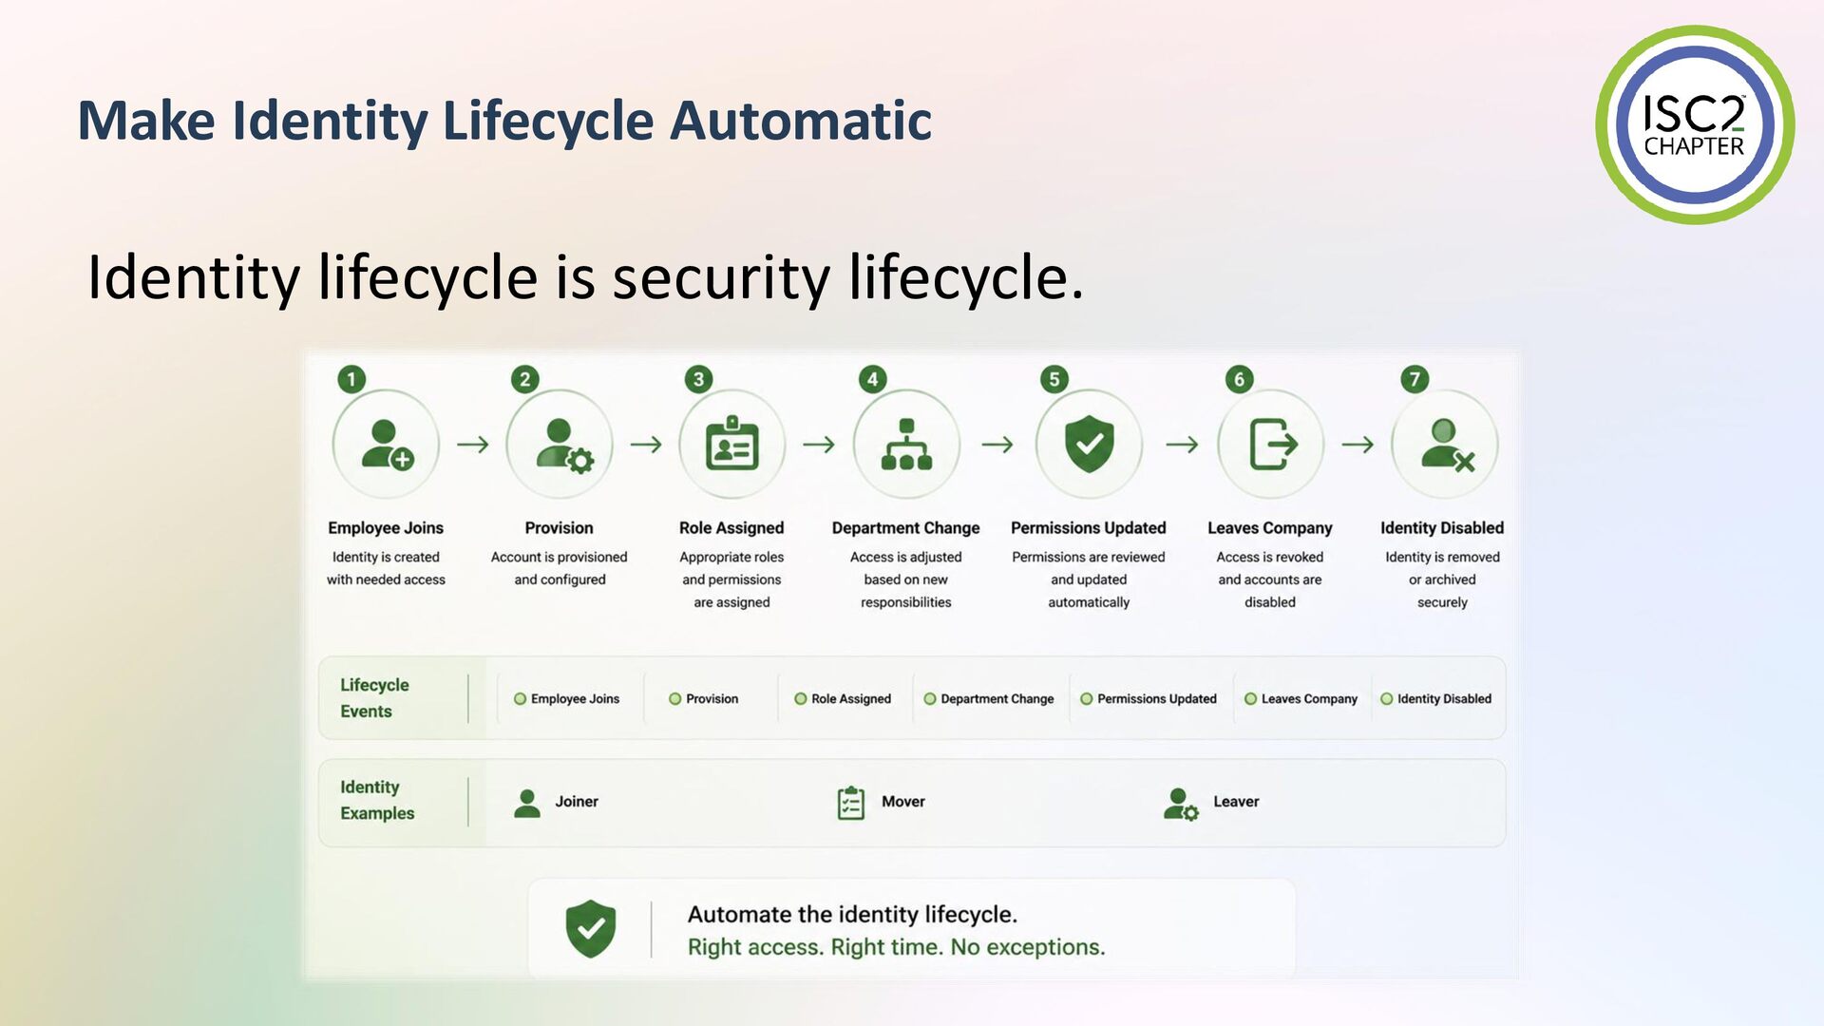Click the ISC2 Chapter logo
1695,124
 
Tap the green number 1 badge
351,379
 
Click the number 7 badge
1415,379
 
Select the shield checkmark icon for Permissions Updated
1089,444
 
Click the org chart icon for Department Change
906,444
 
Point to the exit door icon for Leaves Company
1273,444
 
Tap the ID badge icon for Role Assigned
731,443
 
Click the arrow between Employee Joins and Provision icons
473,444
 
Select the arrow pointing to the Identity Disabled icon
1358,444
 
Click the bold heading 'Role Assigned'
731,527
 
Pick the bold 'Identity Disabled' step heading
1442,527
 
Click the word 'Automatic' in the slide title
801,121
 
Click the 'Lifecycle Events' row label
374,697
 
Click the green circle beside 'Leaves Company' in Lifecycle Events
1250,698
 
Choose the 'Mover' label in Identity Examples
902,801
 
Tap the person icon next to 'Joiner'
526,803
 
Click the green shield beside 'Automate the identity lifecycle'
591,928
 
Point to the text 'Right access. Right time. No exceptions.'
896,947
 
